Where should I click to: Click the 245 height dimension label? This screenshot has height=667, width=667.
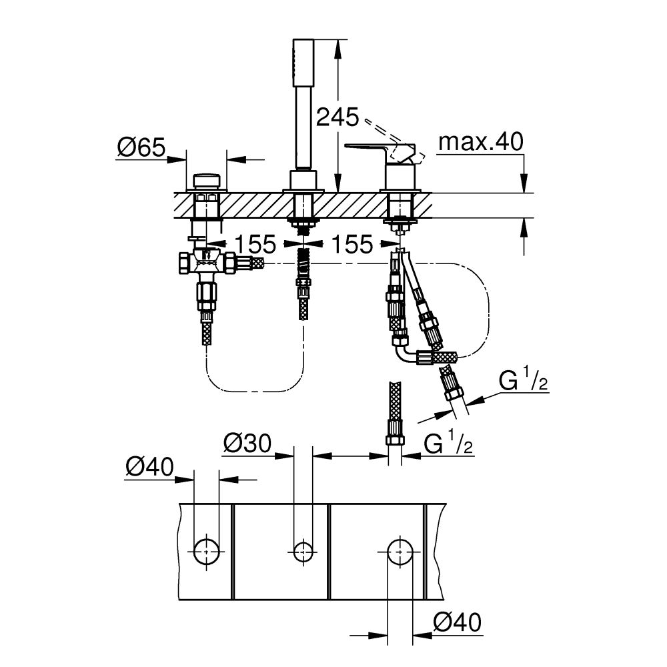(337, 118)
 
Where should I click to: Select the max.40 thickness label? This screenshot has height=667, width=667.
(482, 142)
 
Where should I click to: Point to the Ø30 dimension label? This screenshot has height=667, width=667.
(247, 443)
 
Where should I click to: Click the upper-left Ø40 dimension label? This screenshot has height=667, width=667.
(148, 466)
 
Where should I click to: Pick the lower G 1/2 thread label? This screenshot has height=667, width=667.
(447, 444)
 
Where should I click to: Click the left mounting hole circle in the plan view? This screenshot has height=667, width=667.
(206, 550)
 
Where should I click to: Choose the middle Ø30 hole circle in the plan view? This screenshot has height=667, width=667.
(303, 550)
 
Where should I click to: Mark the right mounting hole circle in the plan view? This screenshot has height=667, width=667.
(400, 550)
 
